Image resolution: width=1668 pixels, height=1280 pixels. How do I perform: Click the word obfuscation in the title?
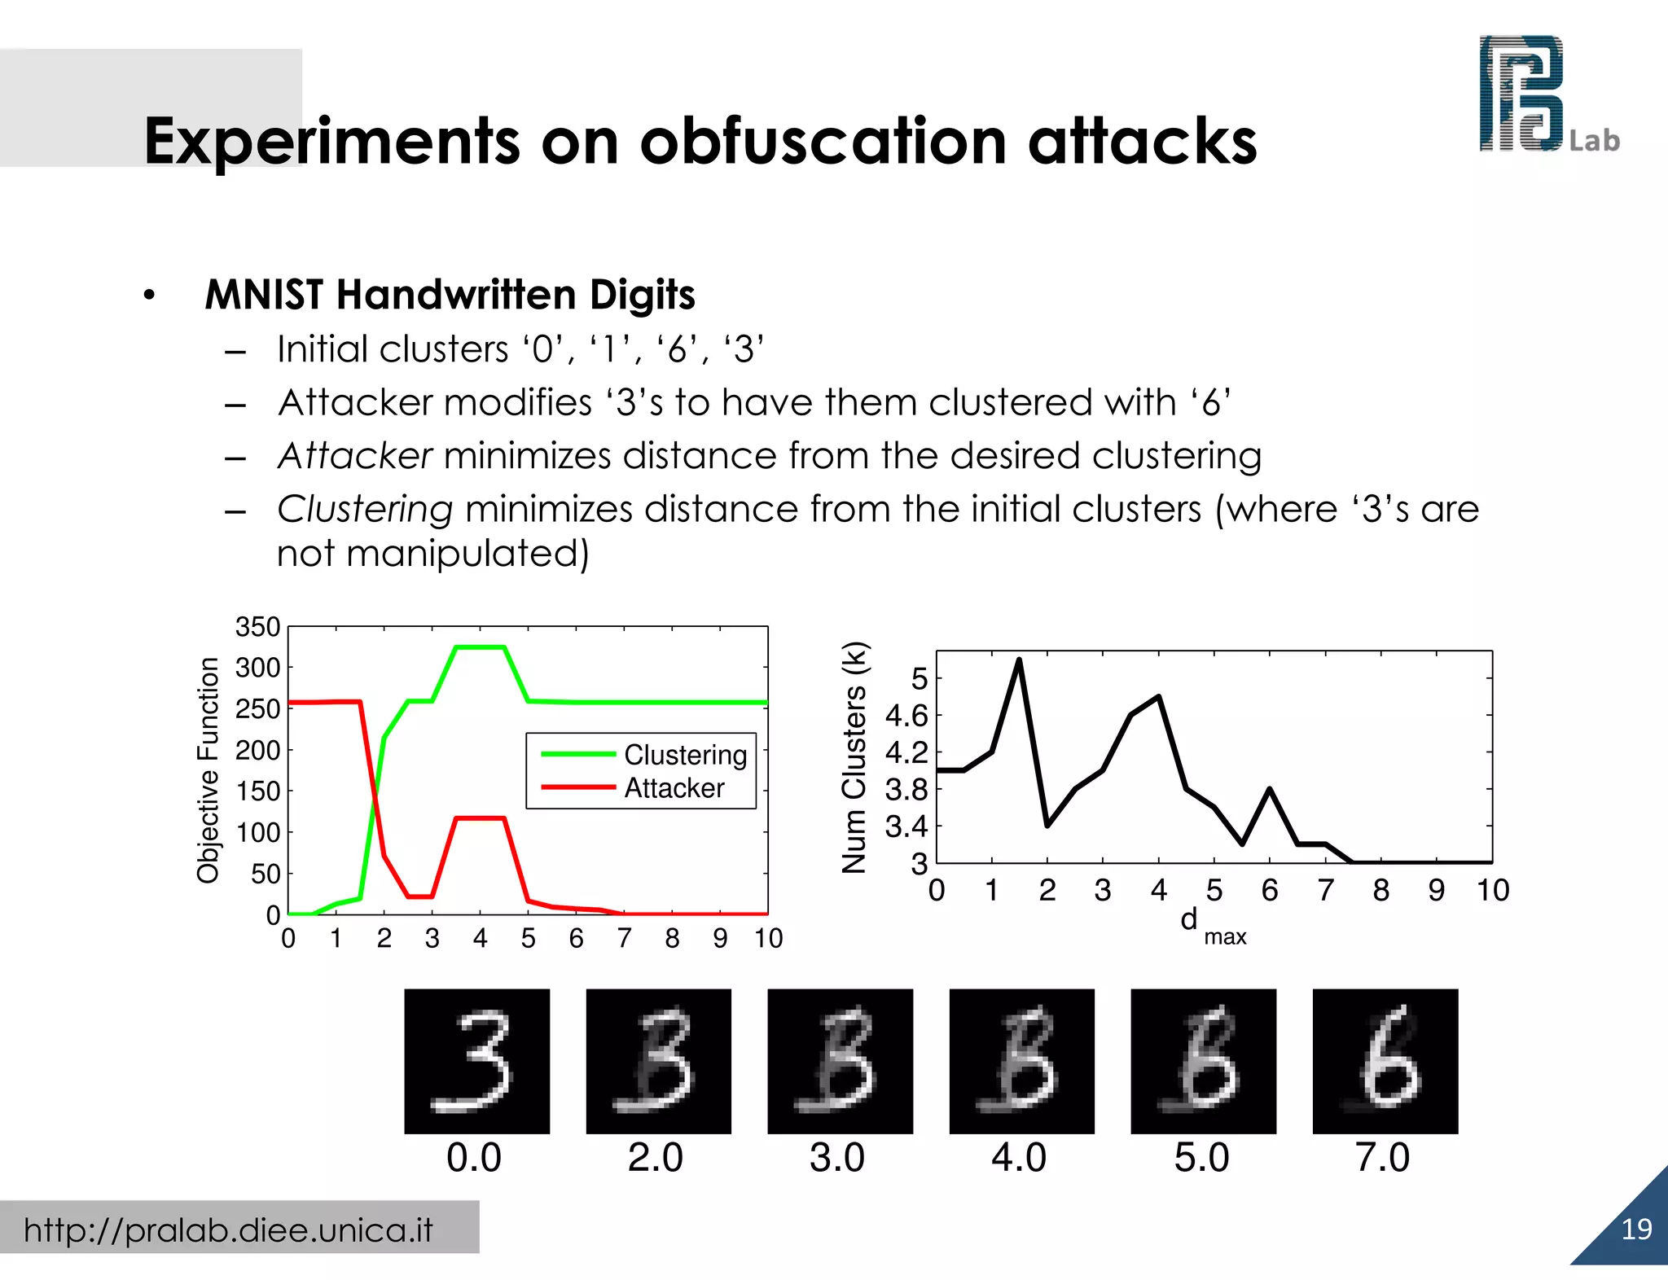click(823, 142)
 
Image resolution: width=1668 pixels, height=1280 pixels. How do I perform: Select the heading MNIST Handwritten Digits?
click(450, 295)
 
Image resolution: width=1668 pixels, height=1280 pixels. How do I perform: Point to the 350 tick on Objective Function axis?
click(257, 627)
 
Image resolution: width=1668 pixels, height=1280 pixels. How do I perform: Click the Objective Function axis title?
click(208, 769)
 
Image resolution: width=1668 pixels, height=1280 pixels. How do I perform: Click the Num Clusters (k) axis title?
click(854, 757)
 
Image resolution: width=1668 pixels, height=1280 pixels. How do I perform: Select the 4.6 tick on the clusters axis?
click(906, 716)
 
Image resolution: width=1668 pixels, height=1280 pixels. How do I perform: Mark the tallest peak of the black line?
click(1019, 660)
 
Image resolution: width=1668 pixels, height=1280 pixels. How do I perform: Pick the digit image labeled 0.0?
click(476, 1061)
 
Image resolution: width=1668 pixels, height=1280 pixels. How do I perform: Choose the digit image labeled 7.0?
click(1385, 1061)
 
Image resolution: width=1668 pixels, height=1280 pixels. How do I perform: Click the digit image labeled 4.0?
click(1021, 1061)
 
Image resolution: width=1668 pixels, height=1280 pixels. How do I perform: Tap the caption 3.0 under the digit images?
click(837, 1157)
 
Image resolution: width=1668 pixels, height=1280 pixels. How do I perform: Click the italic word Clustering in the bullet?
click(364, 510)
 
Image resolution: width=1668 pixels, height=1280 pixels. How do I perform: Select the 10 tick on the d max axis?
click(1492, 890)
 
